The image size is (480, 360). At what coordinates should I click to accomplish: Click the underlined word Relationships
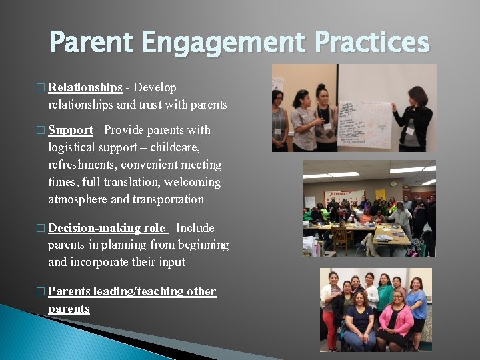(x=85, y=87)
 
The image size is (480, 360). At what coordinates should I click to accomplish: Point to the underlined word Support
(x=70, y=130)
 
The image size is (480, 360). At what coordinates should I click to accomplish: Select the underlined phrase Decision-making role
(x=107, y=228)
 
